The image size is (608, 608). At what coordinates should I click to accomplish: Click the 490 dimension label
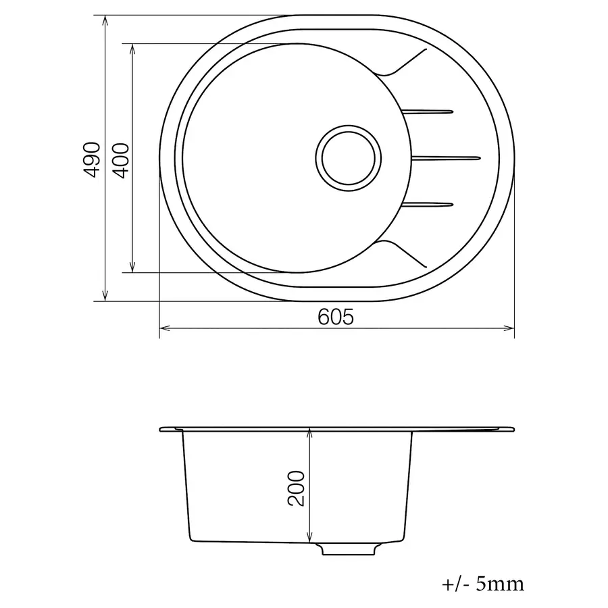(x=92, y=159)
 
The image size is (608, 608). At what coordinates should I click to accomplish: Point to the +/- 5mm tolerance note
(x=482, y=582)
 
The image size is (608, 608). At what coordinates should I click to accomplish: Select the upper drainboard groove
(x=429, y=111)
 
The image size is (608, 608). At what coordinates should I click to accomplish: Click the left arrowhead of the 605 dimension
(x=163, y=329)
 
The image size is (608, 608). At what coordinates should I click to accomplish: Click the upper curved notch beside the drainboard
(x=399, y=65)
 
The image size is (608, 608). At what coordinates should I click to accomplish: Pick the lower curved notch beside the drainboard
(x=399, y=250)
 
